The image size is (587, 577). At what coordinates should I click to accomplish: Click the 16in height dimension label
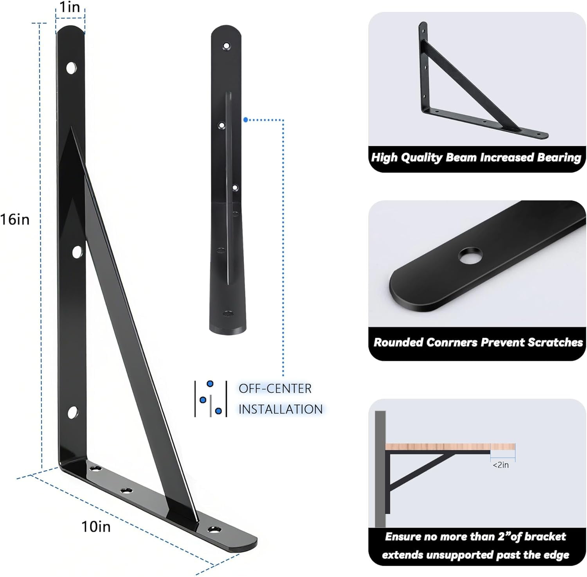coord(15,219)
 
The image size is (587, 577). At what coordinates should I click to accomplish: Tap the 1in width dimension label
coord(70,7)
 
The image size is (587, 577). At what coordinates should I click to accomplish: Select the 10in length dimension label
coord(96,527)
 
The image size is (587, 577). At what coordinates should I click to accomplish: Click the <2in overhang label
coord(501,465)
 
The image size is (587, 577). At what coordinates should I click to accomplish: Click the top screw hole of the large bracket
coord(71,68)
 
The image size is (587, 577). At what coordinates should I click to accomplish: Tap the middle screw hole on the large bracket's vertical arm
coord(77,252)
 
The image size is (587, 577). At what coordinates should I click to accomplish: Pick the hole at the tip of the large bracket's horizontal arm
coord(214,530)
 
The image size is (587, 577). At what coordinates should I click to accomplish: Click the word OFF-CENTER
coord(275,388)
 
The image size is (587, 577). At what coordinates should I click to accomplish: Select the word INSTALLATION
coord(281,409)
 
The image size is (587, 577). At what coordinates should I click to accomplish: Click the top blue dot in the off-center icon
coord(210,383)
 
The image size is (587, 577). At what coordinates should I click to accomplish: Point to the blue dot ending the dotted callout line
coord(245,119)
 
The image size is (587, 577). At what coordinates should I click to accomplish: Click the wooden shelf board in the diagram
coord(450,446)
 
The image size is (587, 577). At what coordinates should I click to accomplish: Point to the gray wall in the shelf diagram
coord(380,469)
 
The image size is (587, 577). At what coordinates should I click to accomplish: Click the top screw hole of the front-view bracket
coord(226,46)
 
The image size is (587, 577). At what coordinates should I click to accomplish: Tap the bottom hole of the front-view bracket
coord(227,314)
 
